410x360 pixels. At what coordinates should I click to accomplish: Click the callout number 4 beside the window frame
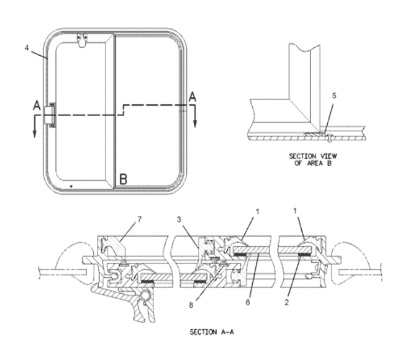point(26,48)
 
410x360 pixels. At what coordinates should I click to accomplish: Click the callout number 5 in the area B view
point(334,96)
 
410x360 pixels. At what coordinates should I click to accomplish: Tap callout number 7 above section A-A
point(139,220)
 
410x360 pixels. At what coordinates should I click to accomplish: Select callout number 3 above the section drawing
point(179,220)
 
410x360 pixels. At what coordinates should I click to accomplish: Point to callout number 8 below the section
point(191,305)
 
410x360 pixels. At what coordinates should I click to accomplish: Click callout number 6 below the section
point(247,302)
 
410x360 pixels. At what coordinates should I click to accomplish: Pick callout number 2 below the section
point(287,302)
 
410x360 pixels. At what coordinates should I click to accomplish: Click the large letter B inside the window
point(123,179)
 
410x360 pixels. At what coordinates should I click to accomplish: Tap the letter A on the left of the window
point(37,105)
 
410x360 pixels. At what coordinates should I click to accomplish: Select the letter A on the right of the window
point(193,97)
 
